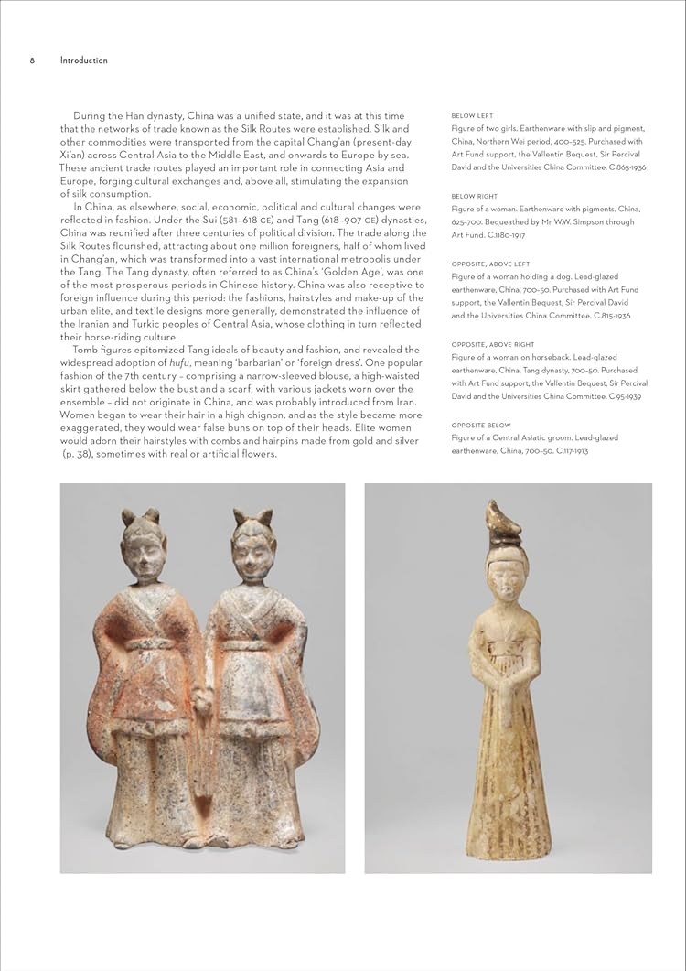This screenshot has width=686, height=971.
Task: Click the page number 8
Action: coord(32,61)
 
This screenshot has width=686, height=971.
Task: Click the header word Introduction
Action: coord(83,61)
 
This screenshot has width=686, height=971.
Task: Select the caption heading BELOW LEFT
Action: coord(472,116)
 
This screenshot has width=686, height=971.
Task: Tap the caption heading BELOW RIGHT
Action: coord(474,197)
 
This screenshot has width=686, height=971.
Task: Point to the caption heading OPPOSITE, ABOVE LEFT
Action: coord(490,264)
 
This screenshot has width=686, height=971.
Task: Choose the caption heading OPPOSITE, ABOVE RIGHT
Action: coord(493,345)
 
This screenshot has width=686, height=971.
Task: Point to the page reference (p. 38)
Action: coord(80,454)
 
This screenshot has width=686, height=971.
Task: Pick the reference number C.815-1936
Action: coord(601,316)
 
